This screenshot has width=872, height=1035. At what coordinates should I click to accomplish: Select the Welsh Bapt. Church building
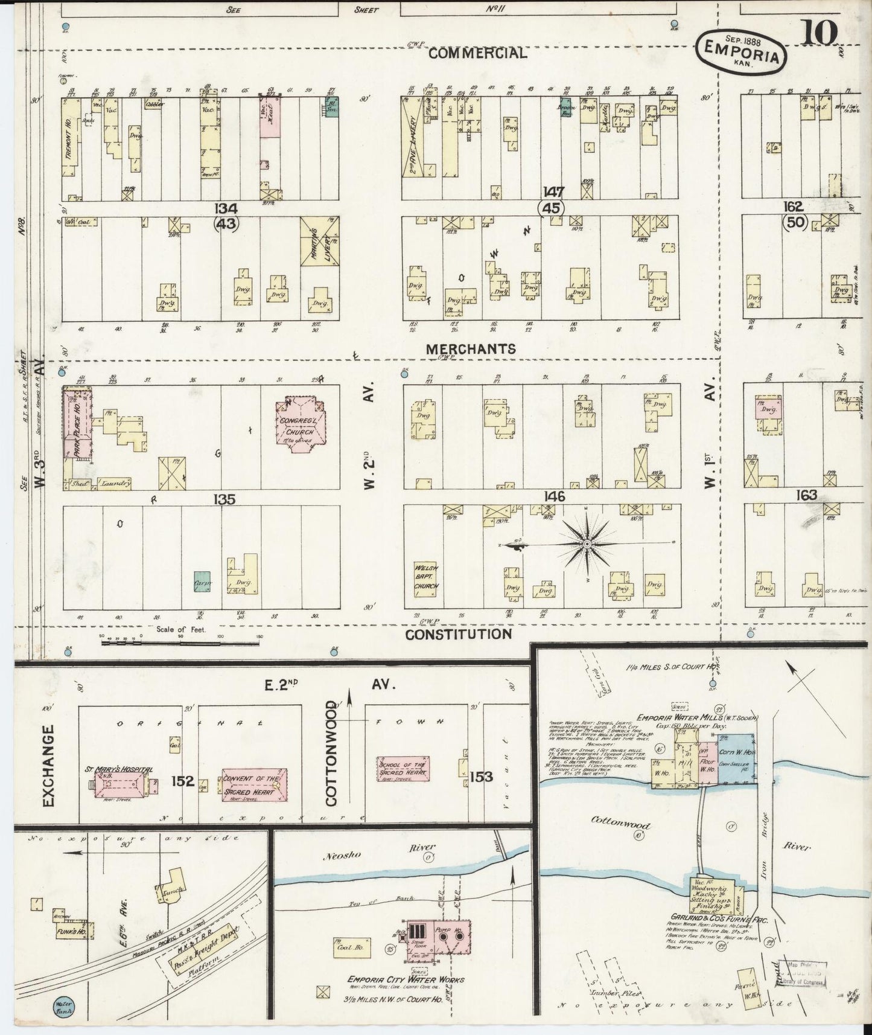pos(426,577)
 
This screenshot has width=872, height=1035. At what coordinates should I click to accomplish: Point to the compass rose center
pos(587,544)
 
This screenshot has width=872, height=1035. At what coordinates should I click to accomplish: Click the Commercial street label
pos(477,53)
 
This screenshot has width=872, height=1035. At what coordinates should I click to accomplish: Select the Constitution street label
pos(457,634)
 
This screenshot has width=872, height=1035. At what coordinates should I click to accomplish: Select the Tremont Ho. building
pos(71,139)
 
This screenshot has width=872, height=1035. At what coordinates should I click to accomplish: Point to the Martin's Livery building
pos(320,242)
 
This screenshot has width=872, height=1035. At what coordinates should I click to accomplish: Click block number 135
pos(223,499)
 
